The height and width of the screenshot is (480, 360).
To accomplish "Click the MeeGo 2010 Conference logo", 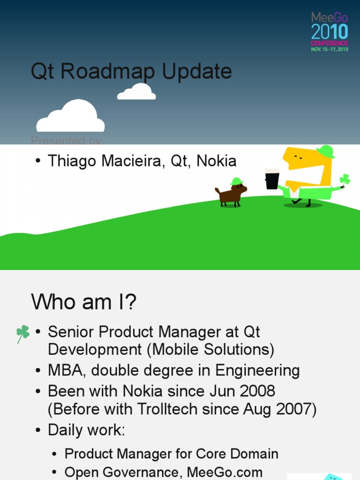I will tap(330, 31).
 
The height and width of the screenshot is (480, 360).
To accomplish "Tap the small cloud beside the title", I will tap(136, 92).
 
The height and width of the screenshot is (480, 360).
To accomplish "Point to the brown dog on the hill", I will tap(231, 194).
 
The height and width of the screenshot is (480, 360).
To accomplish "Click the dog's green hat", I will tap(237, 181).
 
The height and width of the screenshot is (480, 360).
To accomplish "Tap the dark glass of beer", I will tap(272, 179).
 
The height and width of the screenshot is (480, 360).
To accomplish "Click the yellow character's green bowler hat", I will tap(325, 151).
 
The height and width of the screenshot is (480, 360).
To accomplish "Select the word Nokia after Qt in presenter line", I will tap(216, 161).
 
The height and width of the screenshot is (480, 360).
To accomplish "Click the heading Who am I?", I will tap(83, 302).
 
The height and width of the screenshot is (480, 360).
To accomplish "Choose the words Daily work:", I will tap(86, 430).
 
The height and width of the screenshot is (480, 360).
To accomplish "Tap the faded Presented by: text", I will tap(67, 140).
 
